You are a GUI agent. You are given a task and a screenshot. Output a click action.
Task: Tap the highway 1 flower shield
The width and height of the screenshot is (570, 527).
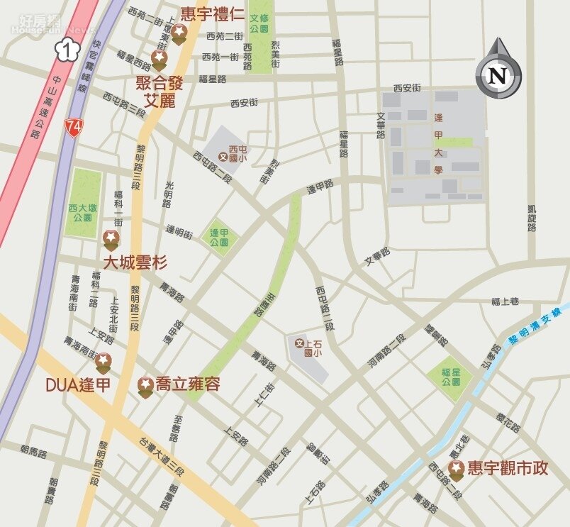67,49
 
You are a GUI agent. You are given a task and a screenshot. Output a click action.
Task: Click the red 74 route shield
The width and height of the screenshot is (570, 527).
73,127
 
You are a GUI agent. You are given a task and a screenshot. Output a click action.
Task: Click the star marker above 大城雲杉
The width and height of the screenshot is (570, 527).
111,239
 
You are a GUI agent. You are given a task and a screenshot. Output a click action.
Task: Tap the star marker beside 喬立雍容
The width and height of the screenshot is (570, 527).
146,385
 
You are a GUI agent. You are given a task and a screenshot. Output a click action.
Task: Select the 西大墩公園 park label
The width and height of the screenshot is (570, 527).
82,213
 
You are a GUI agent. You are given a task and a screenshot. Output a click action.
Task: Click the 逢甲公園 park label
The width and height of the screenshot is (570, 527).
219,237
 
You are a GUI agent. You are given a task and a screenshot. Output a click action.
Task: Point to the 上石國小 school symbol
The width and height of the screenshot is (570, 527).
299,343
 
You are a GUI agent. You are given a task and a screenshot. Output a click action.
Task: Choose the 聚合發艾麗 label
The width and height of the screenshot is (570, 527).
160,91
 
